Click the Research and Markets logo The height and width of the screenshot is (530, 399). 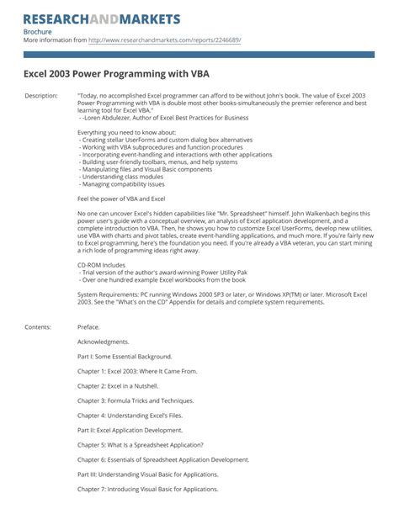tap(102, 19)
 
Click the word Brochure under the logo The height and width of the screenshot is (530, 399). tap(38, 31)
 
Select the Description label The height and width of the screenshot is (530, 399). tap(41, 96)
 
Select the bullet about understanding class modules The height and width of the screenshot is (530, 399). tap(125, 178)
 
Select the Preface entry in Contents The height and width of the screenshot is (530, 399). tap(88, 326)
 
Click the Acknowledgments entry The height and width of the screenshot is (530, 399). tap(104, 342)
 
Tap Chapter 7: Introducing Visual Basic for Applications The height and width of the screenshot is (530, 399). tap(148, 489)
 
